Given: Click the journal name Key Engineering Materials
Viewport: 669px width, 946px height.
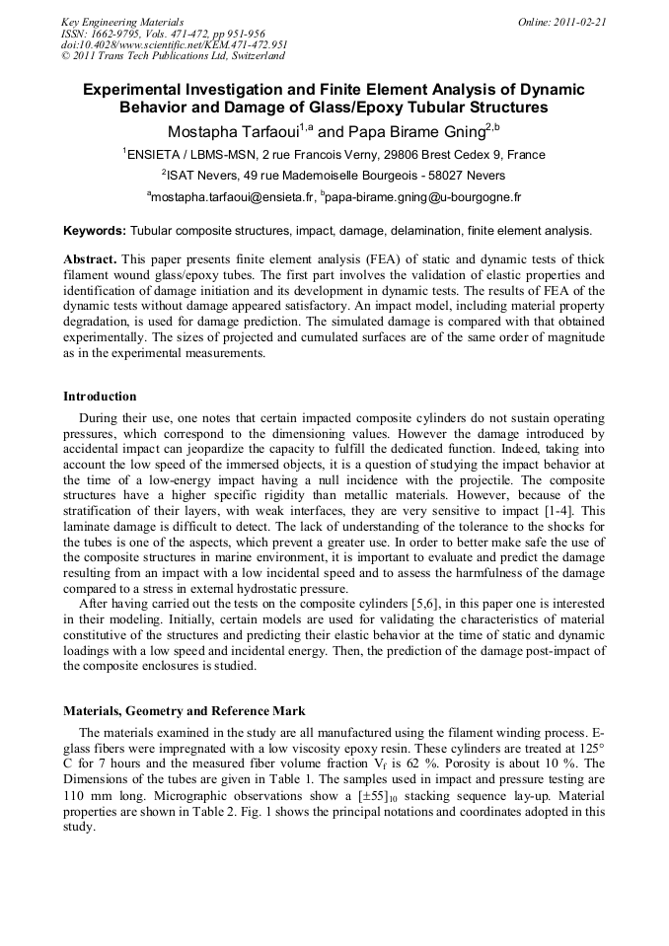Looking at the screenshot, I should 122,22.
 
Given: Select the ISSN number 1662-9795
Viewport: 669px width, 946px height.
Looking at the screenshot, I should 119,34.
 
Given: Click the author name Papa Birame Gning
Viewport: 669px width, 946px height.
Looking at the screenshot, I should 419,131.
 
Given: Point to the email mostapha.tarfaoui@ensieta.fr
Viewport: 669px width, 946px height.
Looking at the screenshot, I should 233,197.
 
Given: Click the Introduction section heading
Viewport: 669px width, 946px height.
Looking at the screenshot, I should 100,397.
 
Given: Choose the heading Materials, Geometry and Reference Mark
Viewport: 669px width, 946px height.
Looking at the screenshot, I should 185,710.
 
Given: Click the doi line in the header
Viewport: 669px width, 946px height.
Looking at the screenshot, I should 174,44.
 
